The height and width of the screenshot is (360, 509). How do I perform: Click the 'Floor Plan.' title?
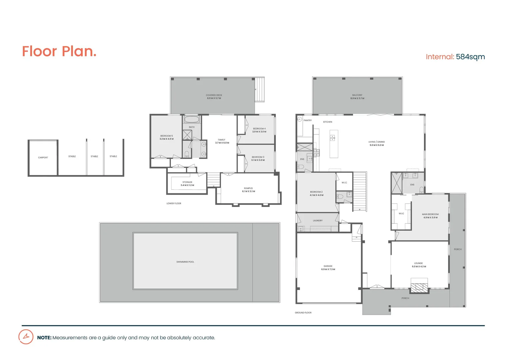[x=59, y=52]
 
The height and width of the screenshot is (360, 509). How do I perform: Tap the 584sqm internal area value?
[x=470, y=57]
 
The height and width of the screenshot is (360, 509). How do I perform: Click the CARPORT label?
[x=43, y=158]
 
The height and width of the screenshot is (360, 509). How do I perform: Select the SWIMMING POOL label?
[x=185, y=262]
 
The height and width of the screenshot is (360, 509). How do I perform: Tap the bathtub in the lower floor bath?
[x=192, y=119]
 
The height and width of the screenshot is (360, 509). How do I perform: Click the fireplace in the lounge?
[x=419, y=287]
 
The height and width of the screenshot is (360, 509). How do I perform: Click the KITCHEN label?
[x=328, y=122]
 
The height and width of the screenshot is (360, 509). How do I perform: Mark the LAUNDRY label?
[x=318, y=221]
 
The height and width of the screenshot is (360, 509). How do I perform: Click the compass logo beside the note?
[x=26, y=337]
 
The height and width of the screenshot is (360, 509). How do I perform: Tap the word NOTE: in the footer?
[x=44, y=338]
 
